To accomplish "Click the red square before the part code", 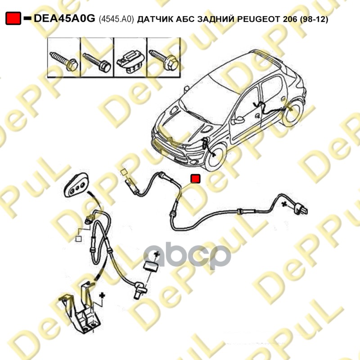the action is coord(13,18).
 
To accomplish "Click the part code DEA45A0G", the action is coord(65,18).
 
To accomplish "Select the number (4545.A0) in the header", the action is coord(116,19).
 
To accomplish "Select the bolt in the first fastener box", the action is coord(64,60).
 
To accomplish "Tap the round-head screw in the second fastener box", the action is coord(96,60).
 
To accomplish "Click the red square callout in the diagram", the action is coord(195,179).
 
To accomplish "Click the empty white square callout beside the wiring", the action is coord(78,239).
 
